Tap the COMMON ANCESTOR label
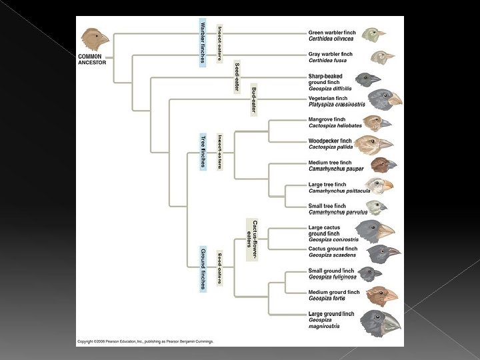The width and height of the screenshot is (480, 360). tap(90, 59)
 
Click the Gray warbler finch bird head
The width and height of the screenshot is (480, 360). tap(382, 57)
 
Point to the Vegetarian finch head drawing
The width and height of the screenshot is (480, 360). tap(385, 99)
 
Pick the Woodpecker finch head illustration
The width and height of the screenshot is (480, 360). tap(373, 144)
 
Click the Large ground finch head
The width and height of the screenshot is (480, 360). tap(381, 322)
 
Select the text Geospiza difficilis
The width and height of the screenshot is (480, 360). tap(333, 87)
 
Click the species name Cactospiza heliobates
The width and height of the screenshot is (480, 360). tap(335, 125)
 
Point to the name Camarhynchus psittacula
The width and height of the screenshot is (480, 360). tap(339, 191)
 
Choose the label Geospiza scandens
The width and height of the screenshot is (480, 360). tap(332, 255)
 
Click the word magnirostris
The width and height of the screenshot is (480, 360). tap(324, 326)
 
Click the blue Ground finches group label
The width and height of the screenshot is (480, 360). tap(203, 268)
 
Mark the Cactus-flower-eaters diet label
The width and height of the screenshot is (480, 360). tap(251, 239)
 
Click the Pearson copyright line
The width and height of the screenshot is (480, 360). tap(145, 341)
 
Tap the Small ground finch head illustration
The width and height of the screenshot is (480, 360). tap(369, 273)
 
